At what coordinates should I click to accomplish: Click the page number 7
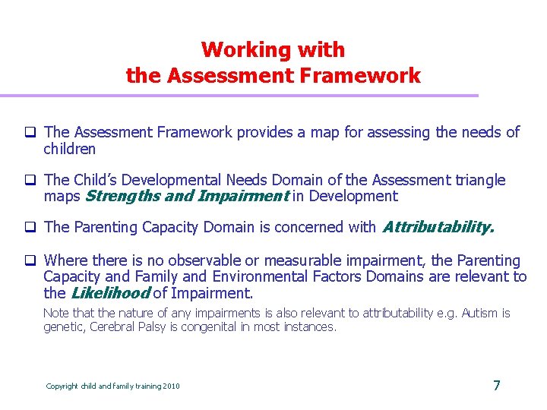[x=496, y=385]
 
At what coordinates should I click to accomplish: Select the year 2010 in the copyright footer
[x=171, y=386]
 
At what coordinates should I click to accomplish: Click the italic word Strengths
[x=121, y=197]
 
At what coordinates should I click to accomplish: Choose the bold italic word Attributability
[x=438, y=226]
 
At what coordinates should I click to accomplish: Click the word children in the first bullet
[x=69, y=149]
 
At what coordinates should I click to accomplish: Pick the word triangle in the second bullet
[x=479, y=180]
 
